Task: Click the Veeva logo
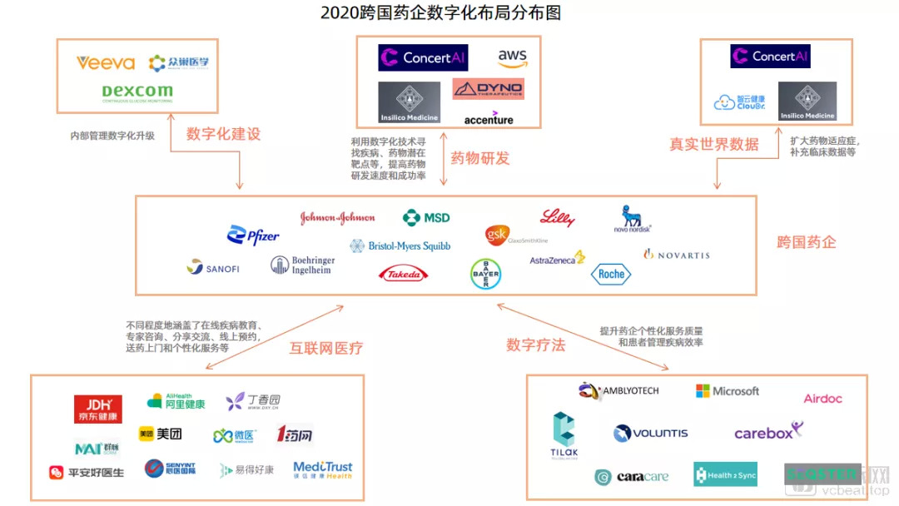pos(106,63)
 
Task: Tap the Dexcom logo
pos(137,92)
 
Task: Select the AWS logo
pos(513,57)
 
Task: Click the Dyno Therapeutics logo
pos(489,88)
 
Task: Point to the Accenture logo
pos(489,120)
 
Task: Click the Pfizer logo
pos(253,236)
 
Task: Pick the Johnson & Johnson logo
pos(337,218)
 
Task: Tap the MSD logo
pos(426,218)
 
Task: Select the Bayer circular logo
pos(485,274)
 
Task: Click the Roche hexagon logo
pos(611,275)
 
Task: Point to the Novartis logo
pos(677,255)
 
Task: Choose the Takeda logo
pos(403,274)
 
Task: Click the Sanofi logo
pos(213,268)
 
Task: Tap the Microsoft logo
pos(728,391)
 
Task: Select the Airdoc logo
pos(822,399)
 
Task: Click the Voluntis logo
pos(651,434)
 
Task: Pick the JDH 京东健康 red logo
pos(97,409)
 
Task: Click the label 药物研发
pos(480,158)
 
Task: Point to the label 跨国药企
pos(807,242)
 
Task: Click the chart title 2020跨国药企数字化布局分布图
pos(441,13)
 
